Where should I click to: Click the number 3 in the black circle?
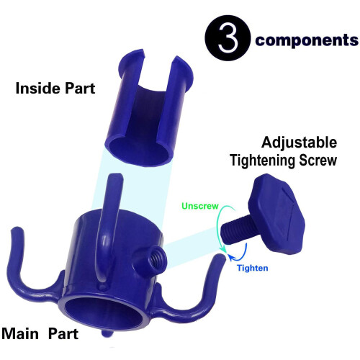pyautogui.click(x=228, y=38)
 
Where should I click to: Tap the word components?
pyautogui.click(x=307, y=40)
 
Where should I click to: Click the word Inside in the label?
pyautogui.click(x=37, y=88)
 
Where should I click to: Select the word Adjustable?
pyautogui.click(x=299, y=143)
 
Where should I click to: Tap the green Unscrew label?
pyautogui.click(x=200, y=206)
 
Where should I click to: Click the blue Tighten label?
pyautogui.click(x=253, y=268)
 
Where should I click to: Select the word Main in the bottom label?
pyautogui.click(x=20, y=333)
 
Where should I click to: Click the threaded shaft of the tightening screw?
pyautogui.click(x=235, y=232)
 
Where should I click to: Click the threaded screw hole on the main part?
pyautogui.click(x=156, y=258)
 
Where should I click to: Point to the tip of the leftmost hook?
pyautogui.click(x=17, y=228)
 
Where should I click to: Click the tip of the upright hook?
pyautogui.click(x=116, y=175)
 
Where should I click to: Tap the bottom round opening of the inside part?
pyautogui.click(x=138, y=151)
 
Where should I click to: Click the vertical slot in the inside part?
pyautogui.click(x=156, y=94)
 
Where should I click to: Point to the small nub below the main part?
pyautogui.click(x=106, y=333)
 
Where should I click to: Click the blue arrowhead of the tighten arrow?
pyautogui.click(x=232, y=258)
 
